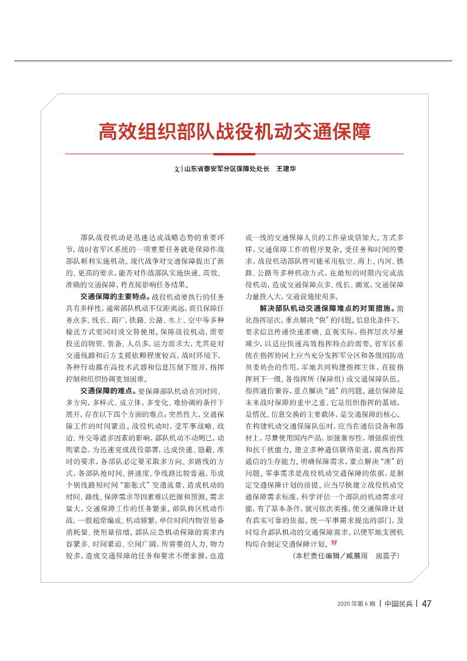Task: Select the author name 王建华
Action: click(x=286, y=169)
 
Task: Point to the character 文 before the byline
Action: click(x=176, y=169)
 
